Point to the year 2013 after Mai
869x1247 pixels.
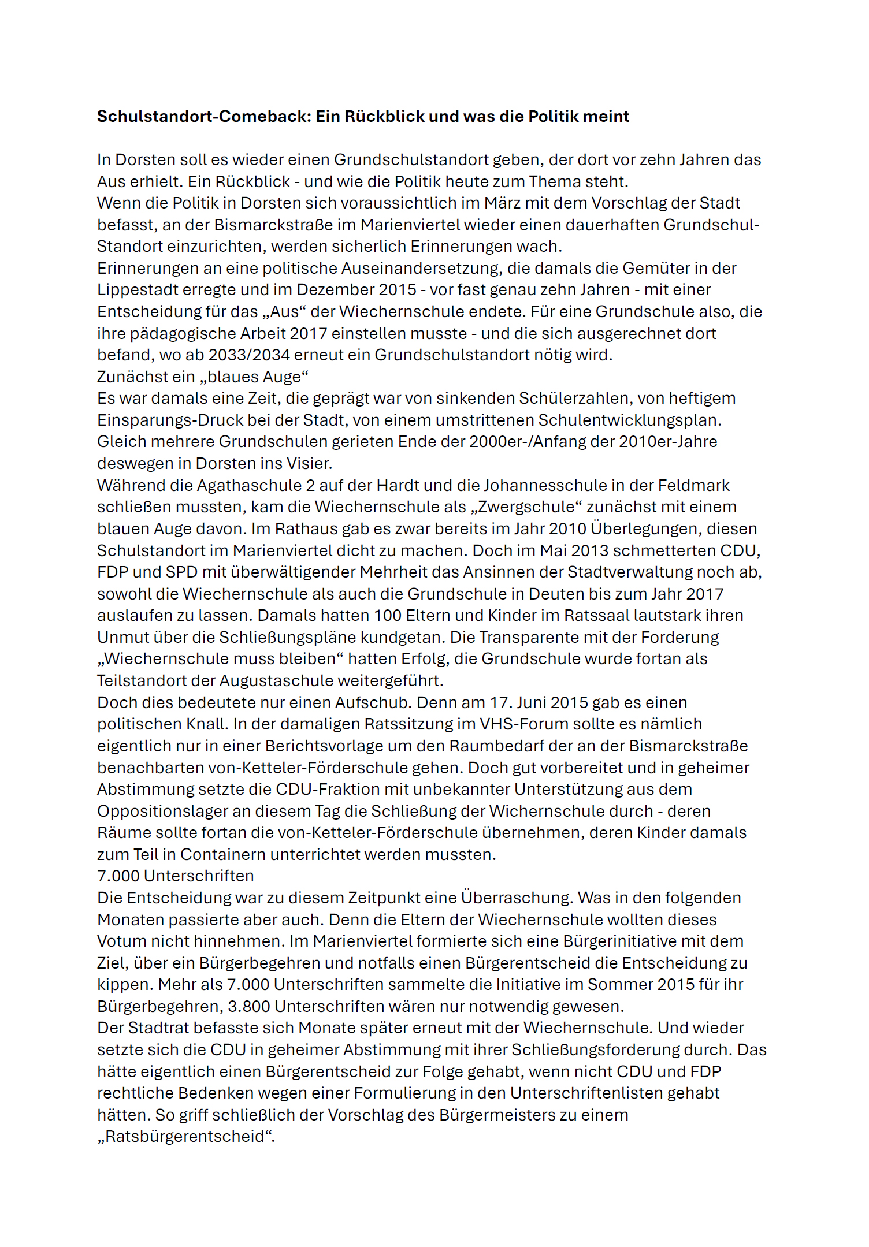590,551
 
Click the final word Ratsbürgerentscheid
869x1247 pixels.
185,1137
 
